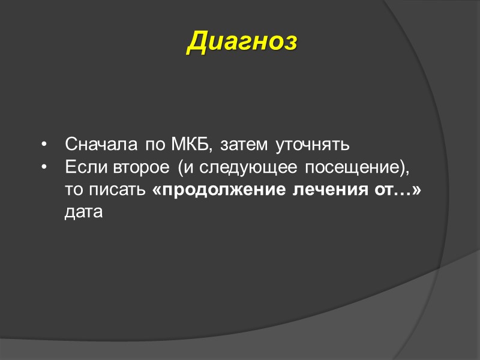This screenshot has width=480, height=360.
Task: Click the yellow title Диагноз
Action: click(x=242, y=41)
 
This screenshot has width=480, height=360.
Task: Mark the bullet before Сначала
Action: click(x=44, y=145)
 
